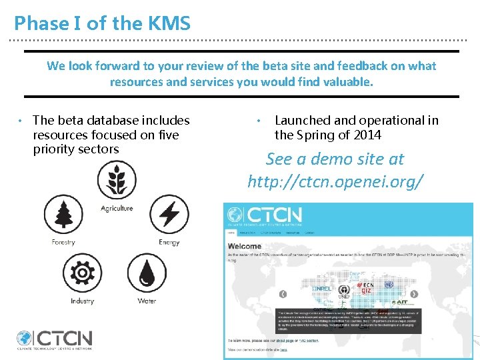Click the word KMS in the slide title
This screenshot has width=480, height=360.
(x=170, y=23)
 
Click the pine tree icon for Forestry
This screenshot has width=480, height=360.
(x=63, y=215)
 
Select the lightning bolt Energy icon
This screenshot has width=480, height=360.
(x=169, y=215)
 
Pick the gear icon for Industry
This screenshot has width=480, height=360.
(x=83, y=273)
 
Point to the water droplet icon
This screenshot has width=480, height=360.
(x=147, y=273)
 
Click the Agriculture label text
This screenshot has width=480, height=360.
(x=117, y=208)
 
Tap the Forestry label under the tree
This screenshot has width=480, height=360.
(x=63, y=242)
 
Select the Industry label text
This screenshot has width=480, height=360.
(x=83, y=301)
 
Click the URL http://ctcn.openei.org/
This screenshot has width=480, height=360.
(x=335, y=181)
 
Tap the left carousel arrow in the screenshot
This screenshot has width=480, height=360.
(x=283, y=294)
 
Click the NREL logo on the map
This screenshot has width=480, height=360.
(x=323, y=289)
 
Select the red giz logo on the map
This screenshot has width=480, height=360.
(x=366, y=291)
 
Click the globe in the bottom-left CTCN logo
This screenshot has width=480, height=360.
(x=25, y=339)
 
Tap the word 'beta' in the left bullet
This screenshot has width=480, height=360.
(x=71, y=121)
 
